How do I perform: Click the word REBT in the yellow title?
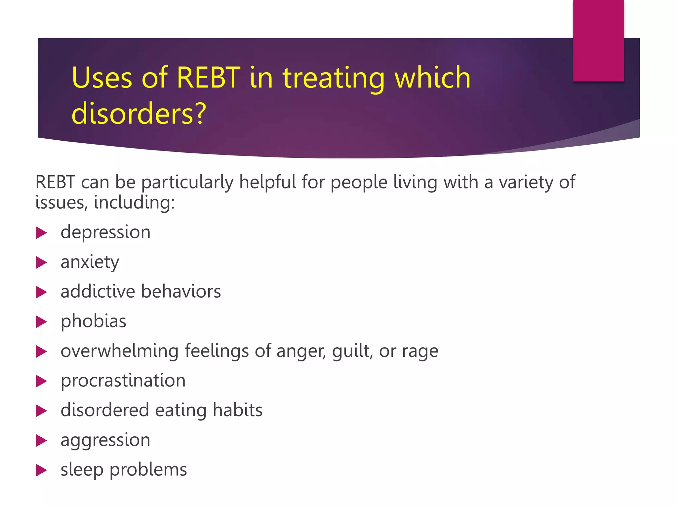pyautogui.click(x=208, y=78)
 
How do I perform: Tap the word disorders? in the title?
pyautogui.click(x=139, y=114)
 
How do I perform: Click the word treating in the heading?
pyautogui.click(x=334, y=79)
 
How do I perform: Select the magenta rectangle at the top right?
pyautogui.click(x=598, y=40)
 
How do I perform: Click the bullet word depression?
pyautogui.click(x=105, y=232)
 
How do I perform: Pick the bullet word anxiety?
pyautogui.click(x=90, y=262)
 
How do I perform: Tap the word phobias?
pyautogui.click(x=93, y=321)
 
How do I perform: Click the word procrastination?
pyautogui.click(x=123, y=381)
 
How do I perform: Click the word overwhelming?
pyautogui.click(x=119, y=351)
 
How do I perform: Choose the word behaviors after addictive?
pyautogui.click(x=181, y=292)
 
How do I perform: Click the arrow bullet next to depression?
pyautogui.click(x=41, y=233)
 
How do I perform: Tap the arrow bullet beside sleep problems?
pyautogui.click(x=41, y=470)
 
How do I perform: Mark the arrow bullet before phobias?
pyautogui.click(x=41, y=322)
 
